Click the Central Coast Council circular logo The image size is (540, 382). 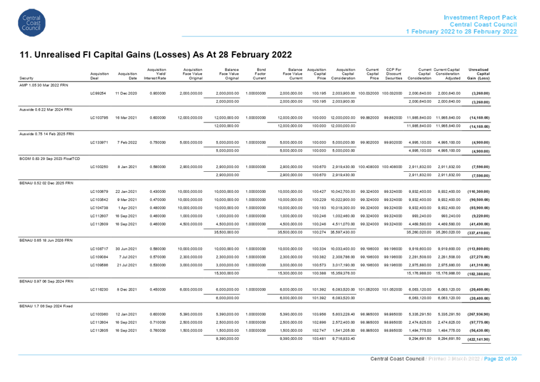pos(32,23)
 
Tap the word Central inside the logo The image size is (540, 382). pos(32,18)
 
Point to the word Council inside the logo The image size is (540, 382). pos(32,28)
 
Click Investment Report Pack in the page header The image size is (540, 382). pos(481,17)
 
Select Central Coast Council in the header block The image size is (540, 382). pos(483,24)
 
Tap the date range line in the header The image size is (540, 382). pos(462,32)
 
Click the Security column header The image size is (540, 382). pos(25,79)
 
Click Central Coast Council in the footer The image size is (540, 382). pos(395,359)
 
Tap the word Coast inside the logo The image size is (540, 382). pos(32,23)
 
